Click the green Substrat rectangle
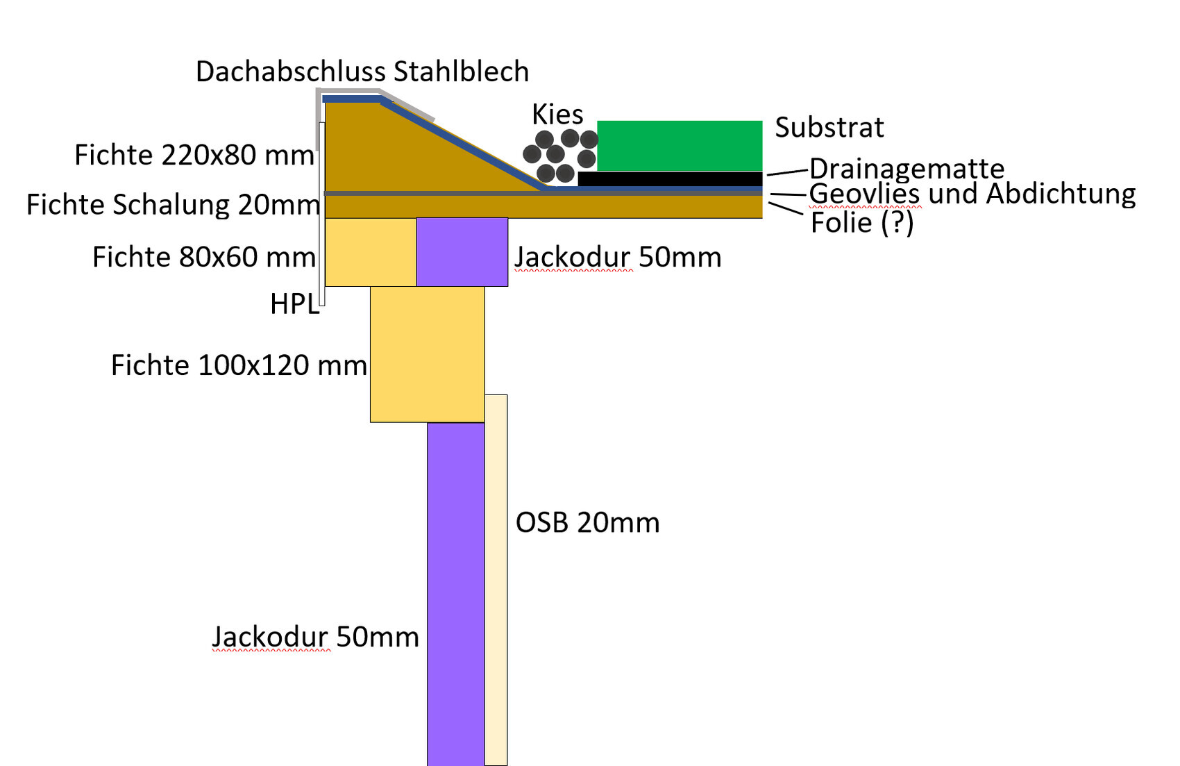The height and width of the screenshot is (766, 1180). pyautogui.click(x=679, y=145)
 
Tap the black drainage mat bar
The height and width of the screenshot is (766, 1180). pyautogui.click(x=670, y=178)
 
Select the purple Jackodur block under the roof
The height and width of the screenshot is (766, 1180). pyautogui.click(x=462, y=251)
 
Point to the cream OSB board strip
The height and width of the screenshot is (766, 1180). pyautogui.click(x=496, y=580)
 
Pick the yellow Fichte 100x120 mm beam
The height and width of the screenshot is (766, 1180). pyautogui.click(x=427, y=354)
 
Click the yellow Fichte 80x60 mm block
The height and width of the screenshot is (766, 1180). pyautogui.click(x=370, y=251)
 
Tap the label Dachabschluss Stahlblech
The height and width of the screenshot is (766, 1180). pyautogui.click(x=362, y=72)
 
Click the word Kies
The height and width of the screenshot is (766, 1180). pyautogui.click(x=557, y=114)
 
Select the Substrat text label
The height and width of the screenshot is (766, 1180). pyautogui.click(x=829, y=128)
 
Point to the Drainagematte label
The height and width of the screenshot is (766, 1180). pyautogui.click(x=907, y=169)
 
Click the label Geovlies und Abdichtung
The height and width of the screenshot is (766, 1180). pyautogui.click(x=972, y=194)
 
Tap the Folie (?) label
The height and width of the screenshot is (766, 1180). pyautogui.click(x=862, y=223)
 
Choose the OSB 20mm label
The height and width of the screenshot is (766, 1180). pyautogui.click(x=587, y=523)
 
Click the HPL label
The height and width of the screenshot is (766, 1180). pyautogui.click(x=294, y=304)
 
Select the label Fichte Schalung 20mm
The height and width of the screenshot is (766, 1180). pyautogui.click(x=173, y=205)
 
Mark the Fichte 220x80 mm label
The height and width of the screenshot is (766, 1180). pyautogui.click(x=194, y=155)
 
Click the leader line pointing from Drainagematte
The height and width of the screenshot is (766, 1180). pyautogui.click(x=788, y=172)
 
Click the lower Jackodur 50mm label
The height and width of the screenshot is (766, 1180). pyautogui.click(x=315, y=637)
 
